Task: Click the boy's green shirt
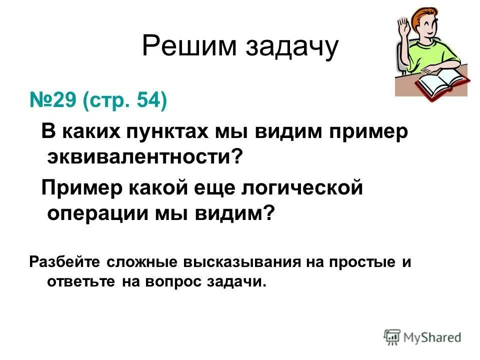coord(435,55)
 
